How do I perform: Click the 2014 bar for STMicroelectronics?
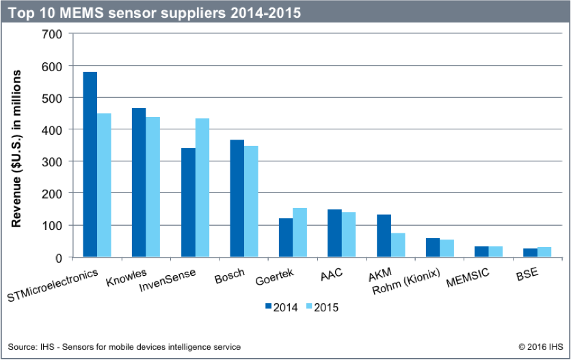point(90,164)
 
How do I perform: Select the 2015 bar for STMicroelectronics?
point(104,185)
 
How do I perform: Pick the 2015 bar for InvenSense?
point(202,188)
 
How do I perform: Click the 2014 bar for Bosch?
point(237,198)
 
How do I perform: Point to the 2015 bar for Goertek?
point(300,233)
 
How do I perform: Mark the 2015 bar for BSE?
point(544,252)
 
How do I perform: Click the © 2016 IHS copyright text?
point(535,347)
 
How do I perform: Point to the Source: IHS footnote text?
point(124,347)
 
